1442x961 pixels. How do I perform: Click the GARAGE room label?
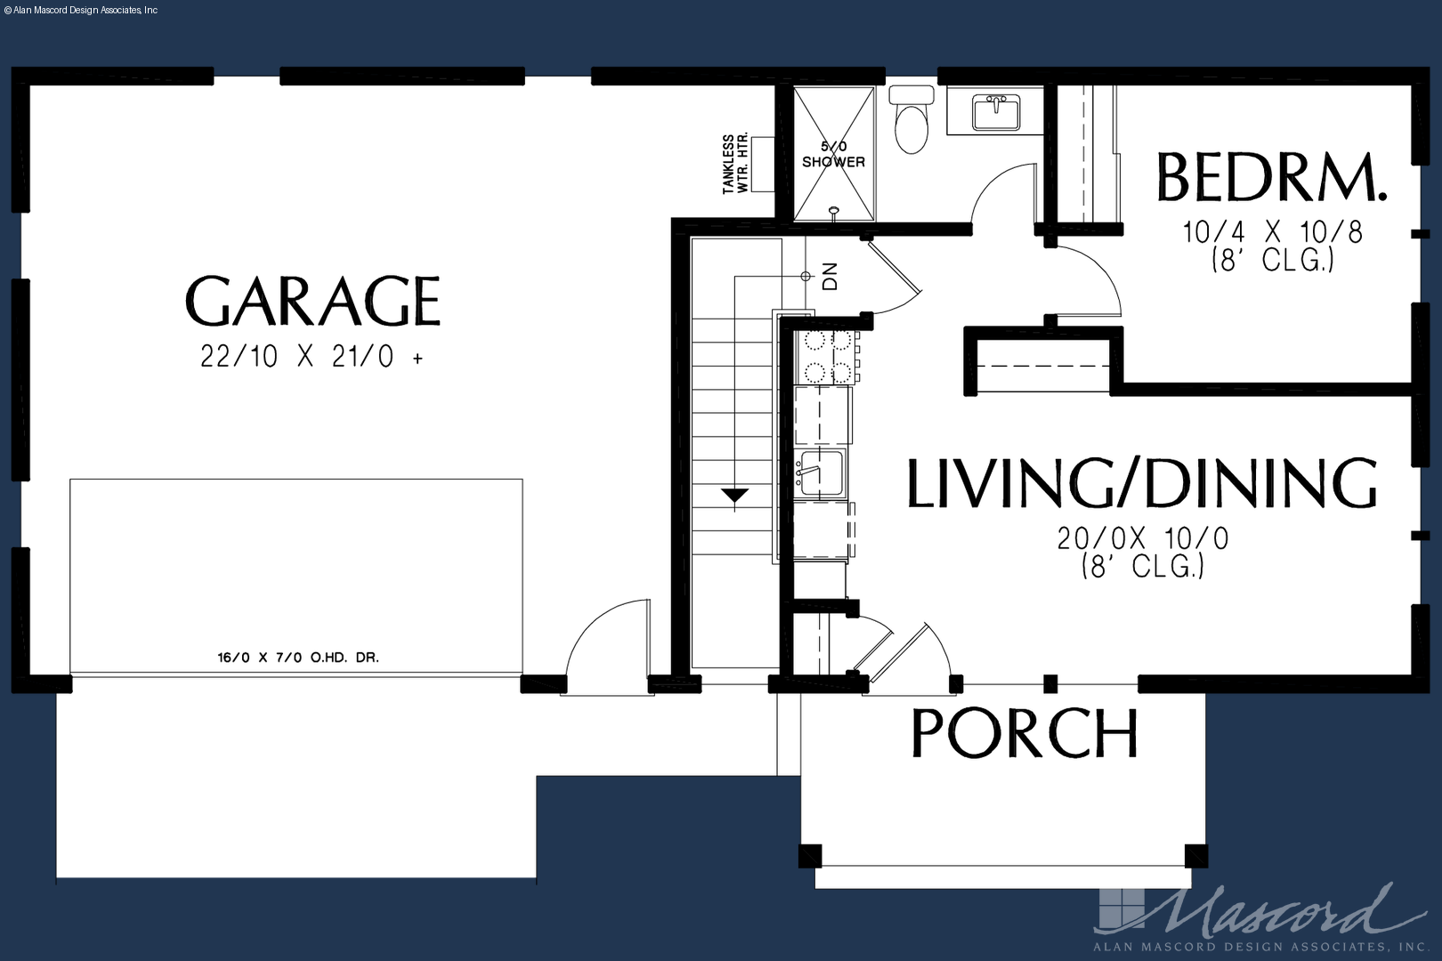(x=312, y=301)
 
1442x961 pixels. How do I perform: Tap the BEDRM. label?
(x=1271, y=178)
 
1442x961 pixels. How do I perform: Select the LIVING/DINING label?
(x=1142, y=483)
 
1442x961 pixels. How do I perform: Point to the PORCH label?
(x=1025, y=733)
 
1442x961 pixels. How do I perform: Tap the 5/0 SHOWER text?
(x=834, y=155)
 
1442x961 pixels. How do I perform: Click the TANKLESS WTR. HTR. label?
(x=734, y=164)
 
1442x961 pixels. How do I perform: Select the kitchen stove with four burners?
(x=826, y=357)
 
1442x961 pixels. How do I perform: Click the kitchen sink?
(x=820, y=473)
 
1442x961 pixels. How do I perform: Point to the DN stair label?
(x=830, y=276)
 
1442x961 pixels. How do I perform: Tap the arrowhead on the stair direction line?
(x=734, y=496)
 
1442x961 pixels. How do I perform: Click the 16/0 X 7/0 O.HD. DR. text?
(x=298, y=658)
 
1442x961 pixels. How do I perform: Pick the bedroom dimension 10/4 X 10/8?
(x=1273, y=232)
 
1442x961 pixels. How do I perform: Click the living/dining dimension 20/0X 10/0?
(x=1143, y=538)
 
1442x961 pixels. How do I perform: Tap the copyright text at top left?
(x=80, y=11)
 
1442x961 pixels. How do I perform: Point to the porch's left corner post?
(x=810, y=856)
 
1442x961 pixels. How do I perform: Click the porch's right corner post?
(x=1196, y=856)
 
